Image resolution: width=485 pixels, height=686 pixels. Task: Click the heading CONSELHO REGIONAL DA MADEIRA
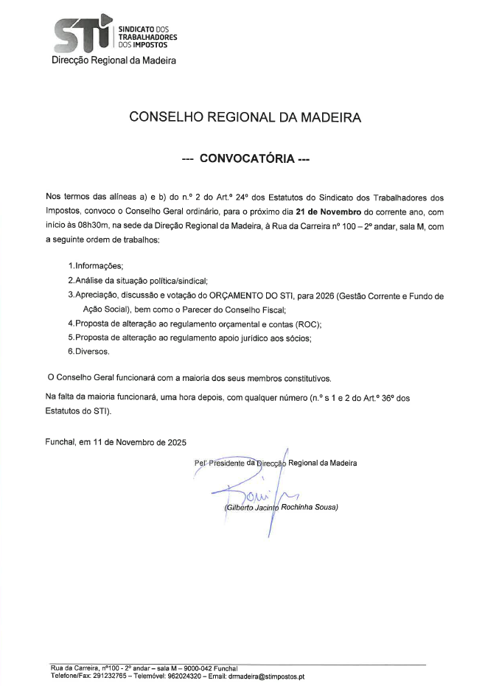click(245, 117)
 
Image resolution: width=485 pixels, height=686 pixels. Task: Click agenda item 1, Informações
click(96, 265)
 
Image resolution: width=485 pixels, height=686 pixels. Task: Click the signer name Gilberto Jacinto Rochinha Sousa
click(280, 508)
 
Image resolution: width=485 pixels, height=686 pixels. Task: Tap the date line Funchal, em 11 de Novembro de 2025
click(116, 442)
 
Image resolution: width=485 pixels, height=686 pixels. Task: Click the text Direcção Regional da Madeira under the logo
click(114, 60)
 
